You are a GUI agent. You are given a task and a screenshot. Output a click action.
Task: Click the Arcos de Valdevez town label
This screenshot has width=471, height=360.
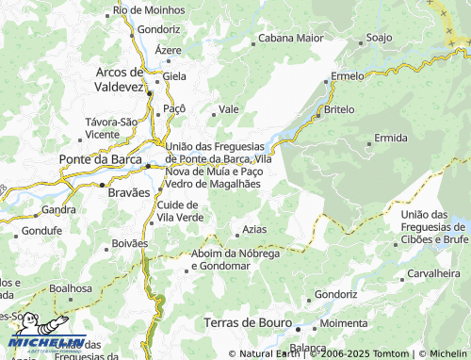(119, 78)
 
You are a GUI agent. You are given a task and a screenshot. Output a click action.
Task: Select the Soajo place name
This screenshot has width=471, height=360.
(379, 38)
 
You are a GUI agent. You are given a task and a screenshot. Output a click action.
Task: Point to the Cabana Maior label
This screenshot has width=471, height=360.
(291, 39)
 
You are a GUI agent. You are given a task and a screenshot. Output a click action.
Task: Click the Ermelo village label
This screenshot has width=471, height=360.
(348, 76)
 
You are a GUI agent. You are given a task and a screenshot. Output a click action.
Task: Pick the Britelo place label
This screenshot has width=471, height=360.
(339, 110)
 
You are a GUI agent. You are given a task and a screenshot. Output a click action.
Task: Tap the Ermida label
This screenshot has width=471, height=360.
(390, 139)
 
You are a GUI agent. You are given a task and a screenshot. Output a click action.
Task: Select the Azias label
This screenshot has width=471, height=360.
(254, 230)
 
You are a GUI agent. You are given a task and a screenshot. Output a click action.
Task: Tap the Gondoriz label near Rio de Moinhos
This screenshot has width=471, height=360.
(158, 29)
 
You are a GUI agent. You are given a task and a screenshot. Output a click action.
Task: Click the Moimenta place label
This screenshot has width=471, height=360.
(344, 323)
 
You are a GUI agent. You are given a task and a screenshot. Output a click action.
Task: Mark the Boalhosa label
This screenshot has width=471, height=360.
(72, 288)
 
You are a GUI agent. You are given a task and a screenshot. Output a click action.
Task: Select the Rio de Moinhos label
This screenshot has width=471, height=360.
(147, 9)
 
